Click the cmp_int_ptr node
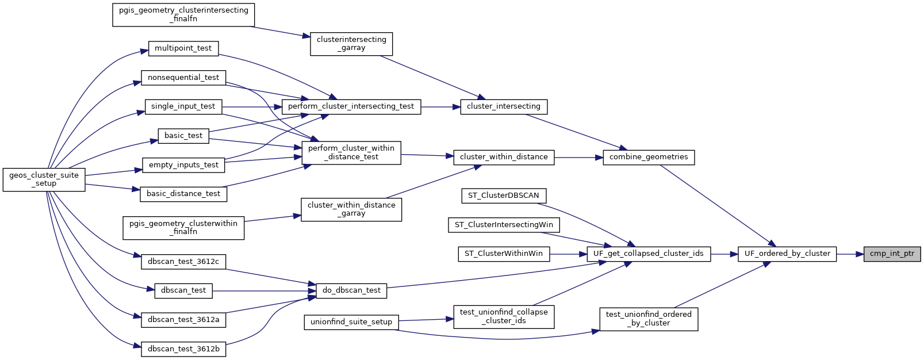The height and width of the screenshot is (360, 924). [892, 254]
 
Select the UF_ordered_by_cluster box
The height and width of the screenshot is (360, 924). [787, 254]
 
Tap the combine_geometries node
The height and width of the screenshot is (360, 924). [649, 157]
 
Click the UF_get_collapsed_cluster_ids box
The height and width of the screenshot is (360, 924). [649, 254]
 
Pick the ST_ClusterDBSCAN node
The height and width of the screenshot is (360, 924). [503, 196]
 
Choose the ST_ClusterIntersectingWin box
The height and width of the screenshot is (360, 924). [504, 225]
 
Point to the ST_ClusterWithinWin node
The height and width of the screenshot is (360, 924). [504, 254]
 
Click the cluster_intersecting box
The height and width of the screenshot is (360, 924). [504, 106]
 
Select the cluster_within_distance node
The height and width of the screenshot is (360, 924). [504, 157]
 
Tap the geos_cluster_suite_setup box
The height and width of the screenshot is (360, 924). [44, 179]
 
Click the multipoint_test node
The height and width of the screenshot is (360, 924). [183, 48]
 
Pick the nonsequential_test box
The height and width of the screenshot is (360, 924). [183, 78]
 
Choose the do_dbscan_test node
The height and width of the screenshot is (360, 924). [351, 290]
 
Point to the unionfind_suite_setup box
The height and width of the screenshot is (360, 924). [351, 322]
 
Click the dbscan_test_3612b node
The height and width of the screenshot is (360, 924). [183, 349]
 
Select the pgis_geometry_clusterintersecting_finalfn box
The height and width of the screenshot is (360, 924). [183, 14]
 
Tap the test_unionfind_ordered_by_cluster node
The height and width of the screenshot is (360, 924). [649, 319]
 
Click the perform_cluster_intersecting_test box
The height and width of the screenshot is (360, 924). [351, 106]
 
